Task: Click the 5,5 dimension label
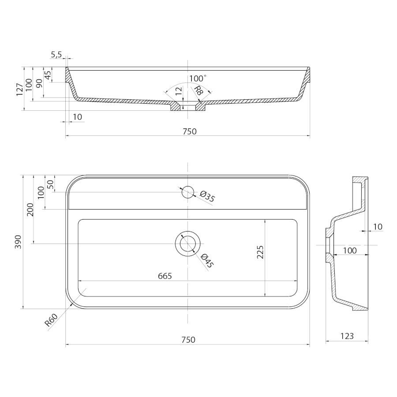(56, 54)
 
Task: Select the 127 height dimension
(20, 90)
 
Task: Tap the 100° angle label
(198, 79)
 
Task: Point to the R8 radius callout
(198, 90)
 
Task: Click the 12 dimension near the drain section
(179, 91)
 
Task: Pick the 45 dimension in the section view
(48, 75)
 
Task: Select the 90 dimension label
(39, 83)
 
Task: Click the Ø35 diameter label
(207, 196)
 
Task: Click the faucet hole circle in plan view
(187, 192)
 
